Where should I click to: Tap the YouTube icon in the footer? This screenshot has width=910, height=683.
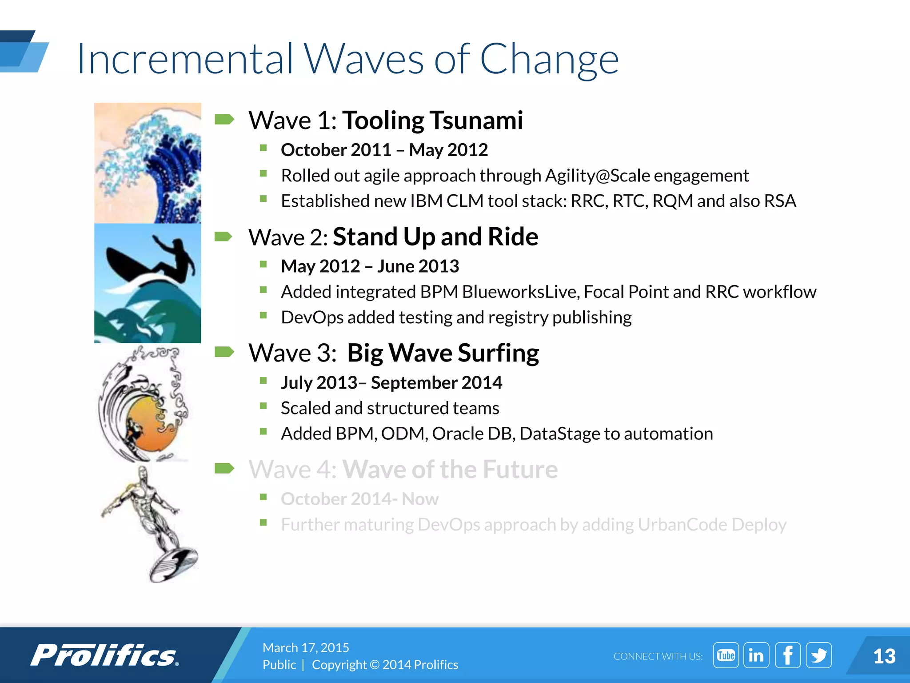(726, 655)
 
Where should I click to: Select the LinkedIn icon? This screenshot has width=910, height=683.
(756, 655)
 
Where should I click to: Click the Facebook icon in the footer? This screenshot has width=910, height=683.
(787, 655)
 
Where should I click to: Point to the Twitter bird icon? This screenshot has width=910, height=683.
(818, 655)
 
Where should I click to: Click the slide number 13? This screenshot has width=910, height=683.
(884, 656)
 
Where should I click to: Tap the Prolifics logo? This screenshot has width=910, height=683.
(104, 655)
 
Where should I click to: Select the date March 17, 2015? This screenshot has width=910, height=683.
(306, 647)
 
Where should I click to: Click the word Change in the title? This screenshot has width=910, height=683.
(549, 60)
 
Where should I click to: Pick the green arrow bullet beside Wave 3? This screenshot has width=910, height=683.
(224, 352)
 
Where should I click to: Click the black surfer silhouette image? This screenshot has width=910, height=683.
(151, 262)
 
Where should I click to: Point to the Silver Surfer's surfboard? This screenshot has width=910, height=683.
(174, 565)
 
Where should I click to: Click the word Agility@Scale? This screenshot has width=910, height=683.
(597, 176)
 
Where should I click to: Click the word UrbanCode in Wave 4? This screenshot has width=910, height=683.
(682, 525)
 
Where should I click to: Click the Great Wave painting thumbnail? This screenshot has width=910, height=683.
(148, 163)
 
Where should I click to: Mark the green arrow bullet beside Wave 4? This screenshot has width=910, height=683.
(224, 468)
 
